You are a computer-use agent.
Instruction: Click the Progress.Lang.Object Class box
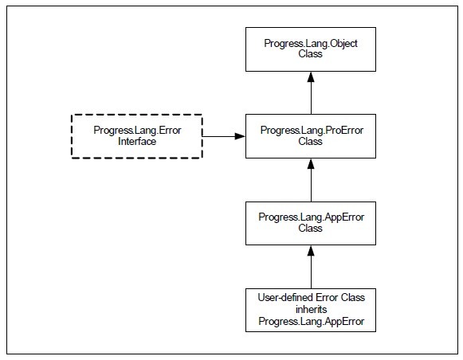tap(311, 49)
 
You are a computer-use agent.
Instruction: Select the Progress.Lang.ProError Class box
tap(311, 136)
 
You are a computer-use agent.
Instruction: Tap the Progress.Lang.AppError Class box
tap(311, 223)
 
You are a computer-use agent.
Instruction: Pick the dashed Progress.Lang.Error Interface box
tap(137, 136)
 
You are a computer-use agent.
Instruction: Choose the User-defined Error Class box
tap(311, 310)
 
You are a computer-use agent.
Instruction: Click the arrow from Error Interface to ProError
tap(224, 136)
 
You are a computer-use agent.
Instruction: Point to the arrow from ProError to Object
tap(311, 93)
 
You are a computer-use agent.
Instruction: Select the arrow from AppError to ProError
tap(311, 180)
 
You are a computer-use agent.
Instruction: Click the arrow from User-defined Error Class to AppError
tap(311, 267)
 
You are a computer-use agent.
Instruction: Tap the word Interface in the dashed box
tap(137, 141)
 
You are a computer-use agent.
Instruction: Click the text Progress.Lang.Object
tap(311, 44)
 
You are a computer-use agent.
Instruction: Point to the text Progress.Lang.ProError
tap(312, 131)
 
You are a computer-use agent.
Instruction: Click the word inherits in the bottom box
tap(312, 309)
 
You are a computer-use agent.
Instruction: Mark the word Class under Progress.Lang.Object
tap(310, 54)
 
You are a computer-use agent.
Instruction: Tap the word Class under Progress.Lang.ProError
tap(310, 141)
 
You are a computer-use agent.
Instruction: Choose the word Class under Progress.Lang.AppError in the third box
tap(310, 228)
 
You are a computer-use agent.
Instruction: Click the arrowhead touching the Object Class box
tap(311, 76)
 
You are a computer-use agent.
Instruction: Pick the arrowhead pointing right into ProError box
tap(240, 136)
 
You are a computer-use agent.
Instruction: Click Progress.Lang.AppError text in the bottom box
tap(312, 321)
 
